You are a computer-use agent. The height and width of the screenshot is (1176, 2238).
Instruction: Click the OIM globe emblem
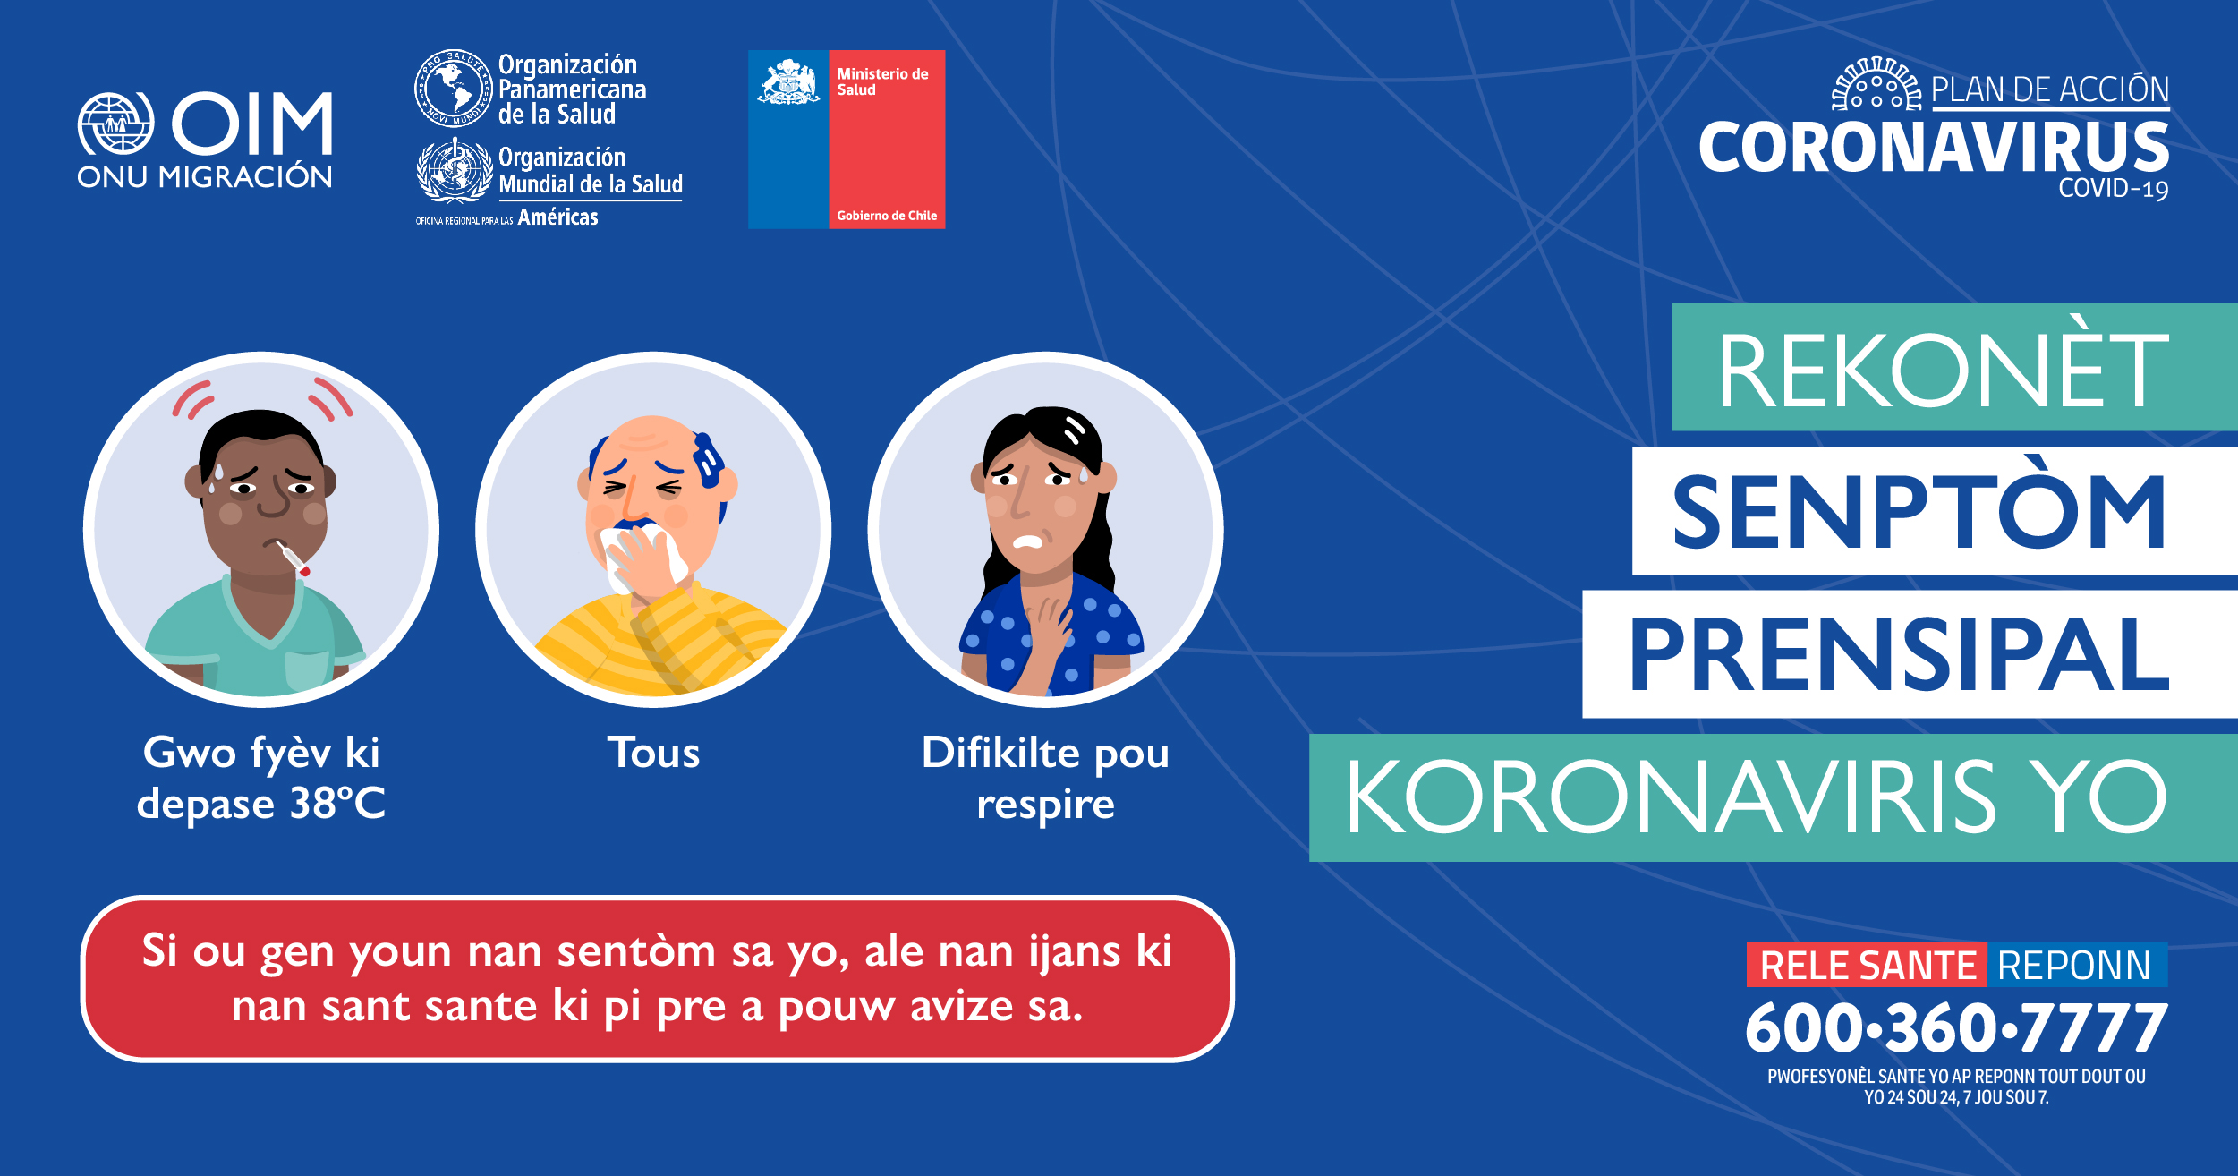[x=115, y=124]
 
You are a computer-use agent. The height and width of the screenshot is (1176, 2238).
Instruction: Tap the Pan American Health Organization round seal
[x=454, y=88]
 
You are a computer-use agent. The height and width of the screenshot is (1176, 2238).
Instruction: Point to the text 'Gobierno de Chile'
[x=887, y=216]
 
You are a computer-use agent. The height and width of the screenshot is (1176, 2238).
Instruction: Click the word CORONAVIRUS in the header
[x=1934, y=147]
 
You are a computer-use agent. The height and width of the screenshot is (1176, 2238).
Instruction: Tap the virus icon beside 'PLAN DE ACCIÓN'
[x=1877, y=84]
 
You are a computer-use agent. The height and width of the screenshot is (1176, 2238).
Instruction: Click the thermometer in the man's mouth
[x=293, y=558]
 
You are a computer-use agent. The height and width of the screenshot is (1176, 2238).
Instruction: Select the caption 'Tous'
[x=654, y=753]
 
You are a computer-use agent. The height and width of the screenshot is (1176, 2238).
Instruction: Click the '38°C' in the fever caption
[x=337, y=803]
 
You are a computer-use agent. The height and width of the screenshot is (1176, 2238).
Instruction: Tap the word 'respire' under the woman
[x=1046, y=805]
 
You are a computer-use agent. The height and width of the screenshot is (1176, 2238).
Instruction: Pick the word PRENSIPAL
[x=1898, y=654]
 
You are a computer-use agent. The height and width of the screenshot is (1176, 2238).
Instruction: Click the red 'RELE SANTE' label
[x=1868, y=966]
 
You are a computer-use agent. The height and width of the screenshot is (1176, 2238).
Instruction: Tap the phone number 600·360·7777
[x=1956, y=1027]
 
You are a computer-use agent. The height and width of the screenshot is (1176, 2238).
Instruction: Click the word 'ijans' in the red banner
[x=1074, y=952]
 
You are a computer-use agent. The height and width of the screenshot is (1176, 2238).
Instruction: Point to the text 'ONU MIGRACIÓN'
[x=205, y=177]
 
